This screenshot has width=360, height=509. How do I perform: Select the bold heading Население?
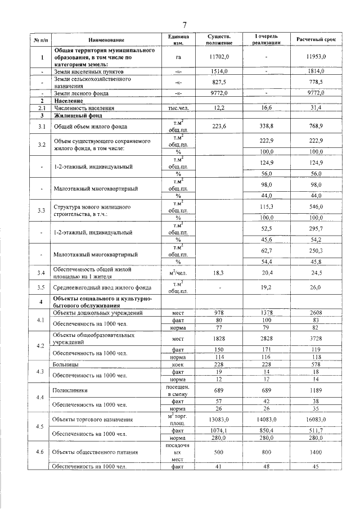(70, 100)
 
